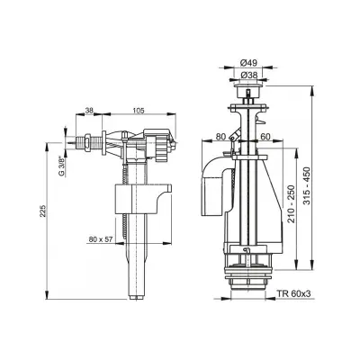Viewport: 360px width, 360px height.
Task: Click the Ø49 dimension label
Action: pos(248,63)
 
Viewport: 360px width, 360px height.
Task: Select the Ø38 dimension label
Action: pos(248,76)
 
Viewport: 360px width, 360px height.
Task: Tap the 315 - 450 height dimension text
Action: pos(307,185)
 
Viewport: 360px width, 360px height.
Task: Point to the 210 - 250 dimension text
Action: pos(291,204)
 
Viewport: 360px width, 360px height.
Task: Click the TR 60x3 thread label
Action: pos(293,293)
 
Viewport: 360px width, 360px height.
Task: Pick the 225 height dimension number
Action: pos(43,211)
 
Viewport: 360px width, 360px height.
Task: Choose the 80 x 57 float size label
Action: pos(101,239)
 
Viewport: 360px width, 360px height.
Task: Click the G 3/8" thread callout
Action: pos(62,166)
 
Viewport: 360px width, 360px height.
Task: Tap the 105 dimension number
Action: pos(139,111)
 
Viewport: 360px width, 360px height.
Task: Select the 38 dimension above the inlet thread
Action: pos(89,111)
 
